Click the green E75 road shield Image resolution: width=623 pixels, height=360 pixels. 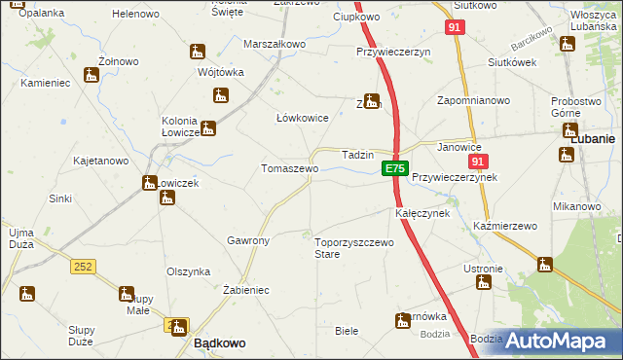[x=393, y=168]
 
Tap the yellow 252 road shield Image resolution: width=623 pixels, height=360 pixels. [x=83, y=266]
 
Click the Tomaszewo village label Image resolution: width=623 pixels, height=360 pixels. [x=289, y=168]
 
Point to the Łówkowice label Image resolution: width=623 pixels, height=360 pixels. [x=303, y=118]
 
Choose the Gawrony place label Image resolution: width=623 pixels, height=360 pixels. [x=247, y=239]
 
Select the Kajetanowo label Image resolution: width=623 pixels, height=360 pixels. [x=101, y=161]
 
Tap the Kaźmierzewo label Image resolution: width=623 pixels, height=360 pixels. [x=505, y=226]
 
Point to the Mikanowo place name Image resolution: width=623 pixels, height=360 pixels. [x=576, y=206]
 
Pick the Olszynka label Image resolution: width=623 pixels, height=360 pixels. [x=189, y=272]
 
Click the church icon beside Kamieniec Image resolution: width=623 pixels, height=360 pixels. [x=92, y=74]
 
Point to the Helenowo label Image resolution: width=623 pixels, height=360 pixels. [x=136, y=15]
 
